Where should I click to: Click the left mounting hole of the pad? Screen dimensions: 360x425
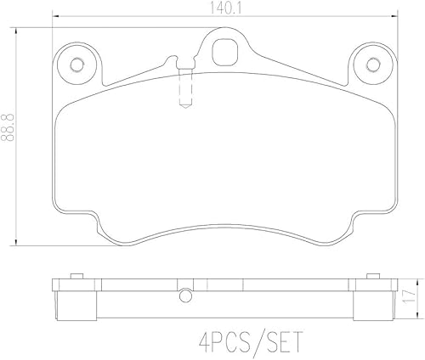[77, 64]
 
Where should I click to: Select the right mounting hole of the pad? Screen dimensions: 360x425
[371, 64]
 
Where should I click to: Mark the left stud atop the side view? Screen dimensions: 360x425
[74, 277]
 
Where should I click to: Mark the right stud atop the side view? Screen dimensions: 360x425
[373, 277]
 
